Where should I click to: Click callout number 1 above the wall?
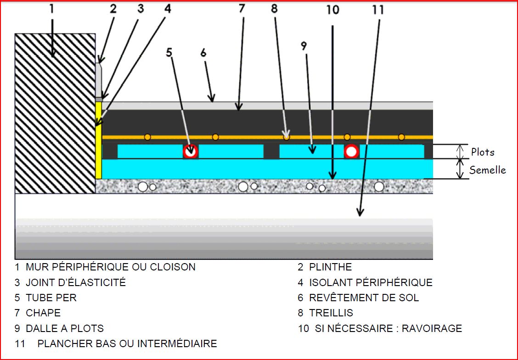point(51,9)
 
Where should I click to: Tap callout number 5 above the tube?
point(169,52)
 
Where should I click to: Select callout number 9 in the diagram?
point(304,45)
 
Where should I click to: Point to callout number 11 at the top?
point(378,10)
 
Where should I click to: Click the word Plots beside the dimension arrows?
point(483,152)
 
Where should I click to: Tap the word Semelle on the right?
point(487,170)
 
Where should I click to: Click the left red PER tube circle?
point(191,151)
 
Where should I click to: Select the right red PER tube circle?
point(352,151)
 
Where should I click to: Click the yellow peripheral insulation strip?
point(98,140)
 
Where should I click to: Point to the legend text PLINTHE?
point(330,267)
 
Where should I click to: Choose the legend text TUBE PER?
point(51,298)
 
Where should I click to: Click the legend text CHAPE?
point(43,313)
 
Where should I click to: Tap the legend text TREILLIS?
point(331,313)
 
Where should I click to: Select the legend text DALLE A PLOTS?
point(65,329)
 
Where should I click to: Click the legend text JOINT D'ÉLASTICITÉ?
point(75,282)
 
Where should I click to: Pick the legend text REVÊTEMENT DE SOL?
point(364,298)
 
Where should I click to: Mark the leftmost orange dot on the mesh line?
point(147,137)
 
